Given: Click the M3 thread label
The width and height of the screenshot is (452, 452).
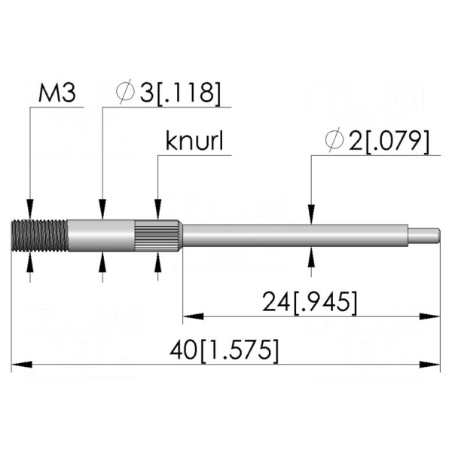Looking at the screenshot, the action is [x=57, y=93].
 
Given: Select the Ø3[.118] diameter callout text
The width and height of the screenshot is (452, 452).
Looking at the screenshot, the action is [x=168, y=92].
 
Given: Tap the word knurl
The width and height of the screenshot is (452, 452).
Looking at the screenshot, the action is [x=194, y=142].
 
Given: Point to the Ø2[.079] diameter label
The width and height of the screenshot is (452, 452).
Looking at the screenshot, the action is [x=377, y=140].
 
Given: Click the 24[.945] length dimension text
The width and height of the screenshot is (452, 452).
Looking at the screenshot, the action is [x=310, y=302].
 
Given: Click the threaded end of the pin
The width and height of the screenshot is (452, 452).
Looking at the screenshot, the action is [x=40, y=236].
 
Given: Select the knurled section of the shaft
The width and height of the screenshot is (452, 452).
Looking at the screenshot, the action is [x=158, y=236].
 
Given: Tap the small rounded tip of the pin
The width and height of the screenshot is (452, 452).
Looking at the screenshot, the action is [x=424, y=236].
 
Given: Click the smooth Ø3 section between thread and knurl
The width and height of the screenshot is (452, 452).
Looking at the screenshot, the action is [x=102, y=236].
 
